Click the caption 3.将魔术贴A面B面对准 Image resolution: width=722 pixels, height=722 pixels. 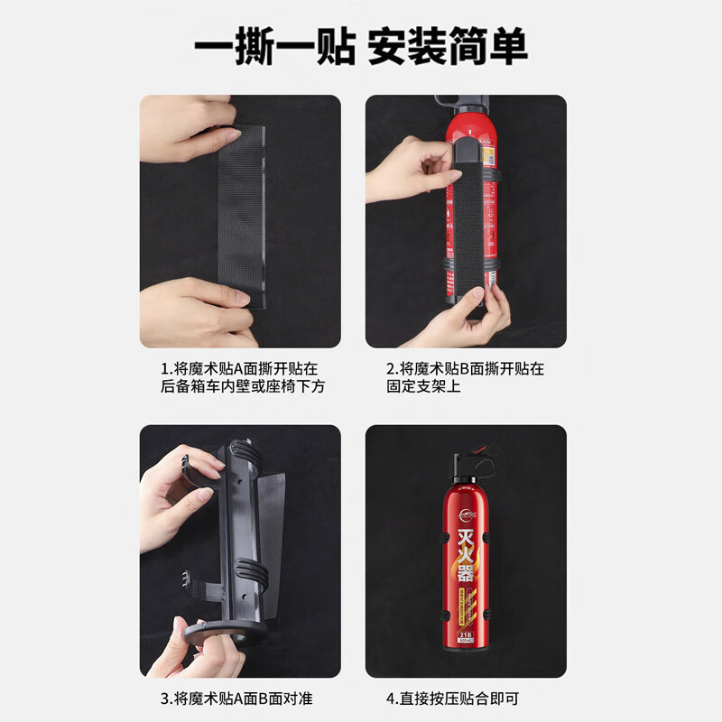tap(236, 699)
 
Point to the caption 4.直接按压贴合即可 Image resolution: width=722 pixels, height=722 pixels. tap(453, 699)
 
